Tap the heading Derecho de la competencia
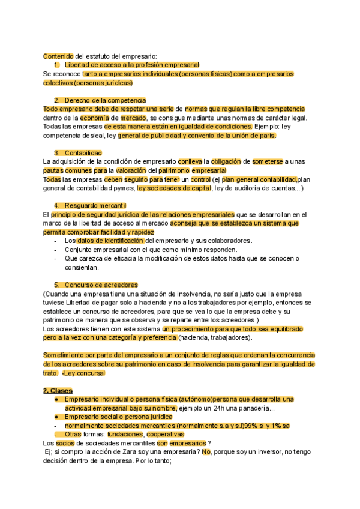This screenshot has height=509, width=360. [x=106, y=100]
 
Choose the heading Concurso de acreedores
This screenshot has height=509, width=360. [x=101, y=285]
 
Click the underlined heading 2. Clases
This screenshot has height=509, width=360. [x=58, y=390]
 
